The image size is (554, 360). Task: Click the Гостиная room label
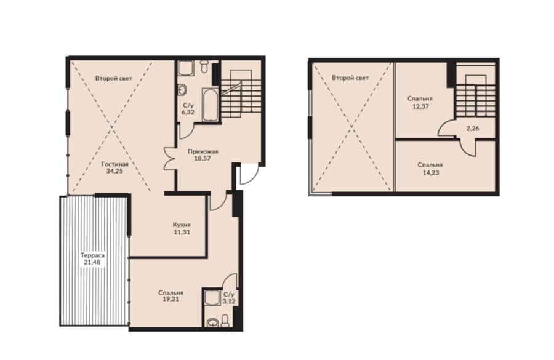115,164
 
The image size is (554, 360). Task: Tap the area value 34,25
115,171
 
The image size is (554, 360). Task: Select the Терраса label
92,255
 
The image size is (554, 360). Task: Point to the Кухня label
182,225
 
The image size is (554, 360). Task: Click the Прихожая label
203,151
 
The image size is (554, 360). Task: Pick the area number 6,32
188,113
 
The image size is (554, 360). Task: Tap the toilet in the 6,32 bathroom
204,66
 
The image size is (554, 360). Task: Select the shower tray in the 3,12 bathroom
213,298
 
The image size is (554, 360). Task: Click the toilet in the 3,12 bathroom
224,320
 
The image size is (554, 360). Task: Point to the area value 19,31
171,300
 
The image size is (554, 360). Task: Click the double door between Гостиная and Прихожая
171,158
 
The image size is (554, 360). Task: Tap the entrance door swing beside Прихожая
249,174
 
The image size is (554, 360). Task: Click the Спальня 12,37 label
420,102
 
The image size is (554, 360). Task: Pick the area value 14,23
430,173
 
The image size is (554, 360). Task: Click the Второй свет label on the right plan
350,78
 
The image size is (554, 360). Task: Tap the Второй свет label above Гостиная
114,78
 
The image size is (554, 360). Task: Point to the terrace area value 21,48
92,262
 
